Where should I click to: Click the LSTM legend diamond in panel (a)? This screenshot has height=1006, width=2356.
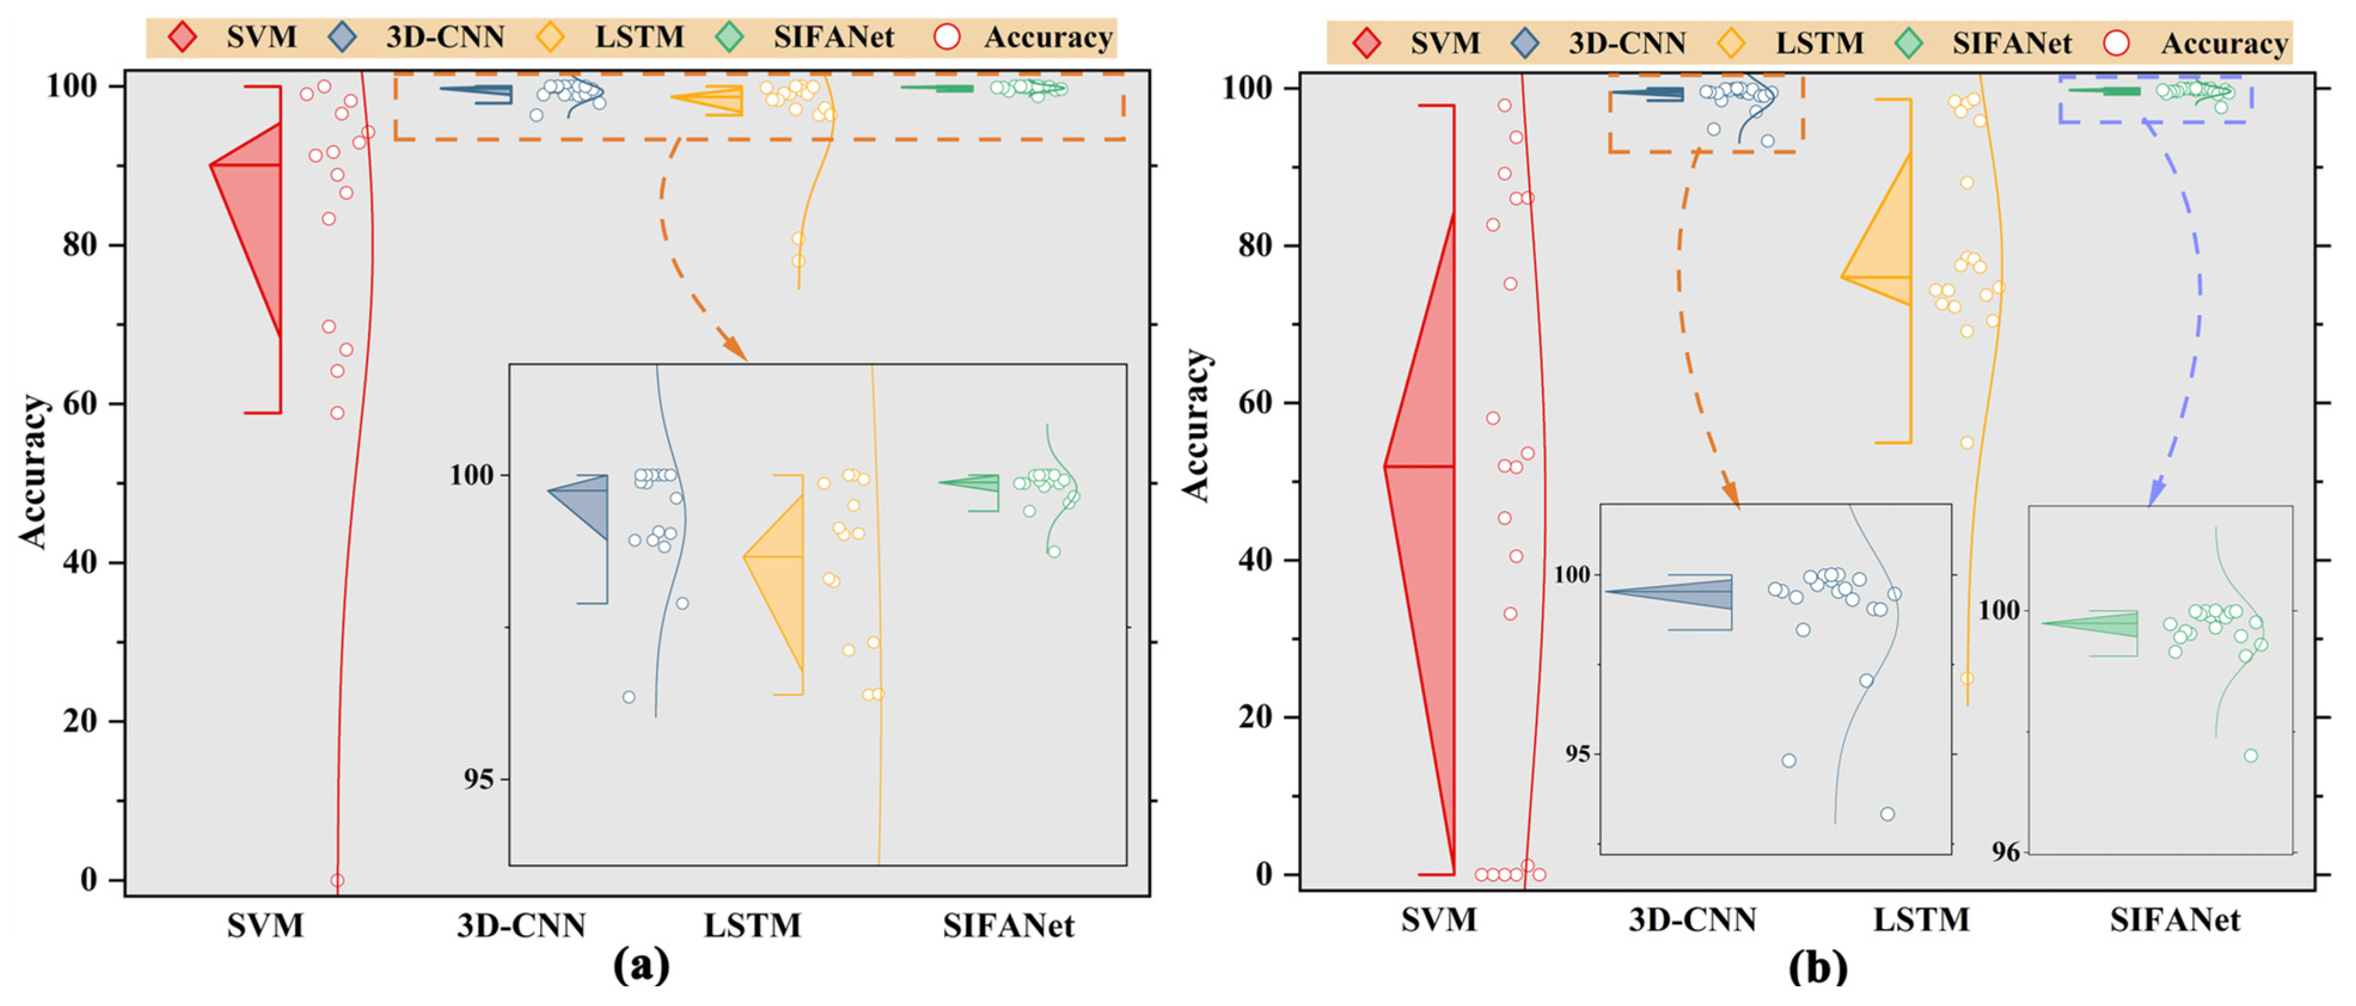550,38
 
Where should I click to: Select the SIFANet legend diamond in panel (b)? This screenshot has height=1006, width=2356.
1909,43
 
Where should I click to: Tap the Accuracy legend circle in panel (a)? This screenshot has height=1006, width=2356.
947,38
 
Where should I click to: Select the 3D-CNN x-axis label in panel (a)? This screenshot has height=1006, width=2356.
521,925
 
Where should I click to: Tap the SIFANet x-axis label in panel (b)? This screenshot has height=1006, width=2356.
2175,920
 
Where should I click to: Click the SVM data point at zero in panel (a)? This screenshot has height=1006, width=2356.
336,880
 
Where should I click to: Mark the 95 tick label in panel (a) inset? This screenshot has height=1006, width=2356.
478,779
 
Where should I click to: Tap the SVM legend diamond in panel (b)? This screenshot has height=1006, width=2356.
1366,43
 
